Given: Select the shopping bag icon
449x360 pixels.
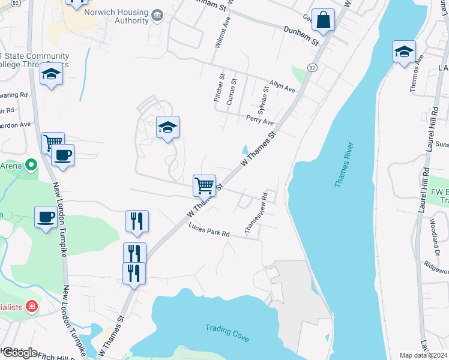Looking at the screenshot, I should click(323, 20).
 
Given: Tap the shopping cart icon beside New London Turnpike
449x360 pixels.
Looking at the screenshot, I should click(53, 143).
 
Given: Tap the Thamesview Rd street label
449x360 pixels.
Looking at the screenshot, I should click(255, 213).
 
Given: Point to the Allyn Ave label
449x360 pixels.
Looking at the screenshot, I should click(282, 86).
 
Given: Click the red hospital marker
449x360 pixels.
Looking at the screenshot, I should click(32, 307).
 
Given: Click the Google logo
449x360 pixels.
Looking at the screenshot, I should click(19, 352).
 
